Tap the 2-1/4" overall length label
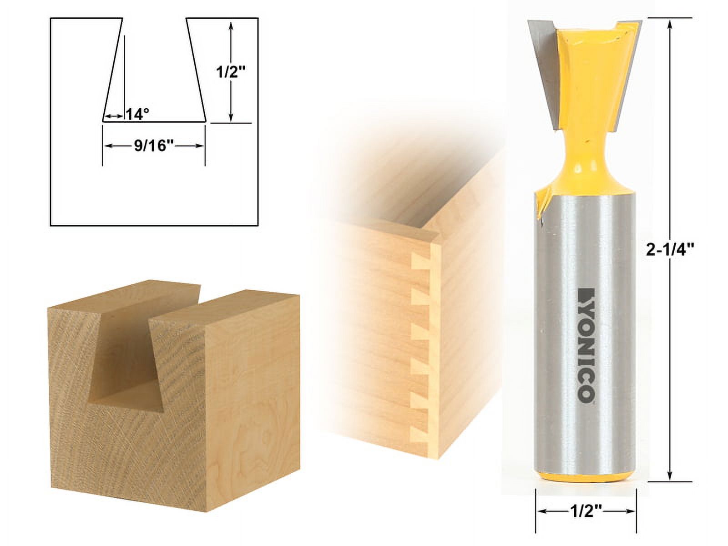(x=669, y=249)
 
